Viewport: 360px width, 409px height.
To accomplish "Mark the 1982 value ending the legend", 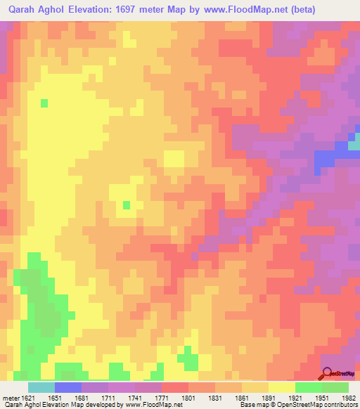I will (x=349, y=397).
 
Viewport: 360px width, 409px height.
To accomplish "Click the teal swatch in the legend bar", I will (x=41, y=387).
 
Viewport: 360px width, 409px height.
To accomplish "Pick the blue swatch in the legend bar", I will (x=68, y=387).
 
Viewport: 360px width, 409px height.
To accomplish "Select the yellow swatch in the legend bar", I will (x=282, y=387).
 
